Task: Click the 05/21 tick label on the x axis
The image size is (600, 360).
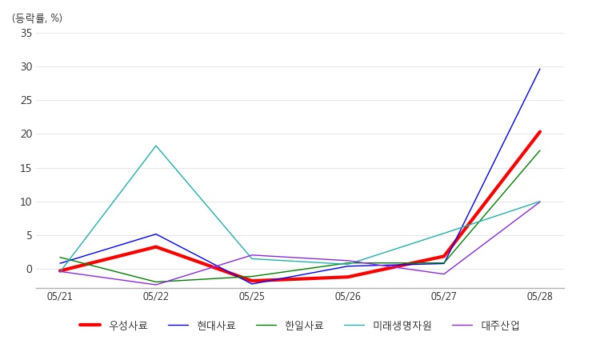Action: point(60,297)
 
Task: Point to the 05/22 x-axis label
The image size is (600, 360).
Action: point(156,297)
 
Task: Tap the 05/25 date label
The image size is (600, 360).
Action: point(252,297)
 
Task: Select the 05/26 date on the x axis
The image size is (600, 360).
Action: point(348,297)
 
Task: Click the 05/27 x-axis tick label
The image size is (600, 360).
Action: point(444,297)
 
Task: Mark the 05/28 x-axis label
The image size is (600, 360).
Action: point(540,297)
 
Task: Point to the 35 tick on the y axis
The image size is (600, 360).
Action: point(26,33)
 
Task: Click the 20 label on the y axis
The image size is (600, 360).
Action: point(26,134)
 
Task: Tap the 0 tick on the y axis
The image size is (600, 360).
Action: point(29,270)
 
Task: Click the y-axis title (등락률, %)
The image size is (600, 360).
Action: point(37,18)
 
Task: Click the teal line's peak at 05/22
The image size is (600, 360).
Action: point(156,146)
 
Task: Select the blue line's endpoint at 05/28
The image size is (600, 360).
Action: point(540,69)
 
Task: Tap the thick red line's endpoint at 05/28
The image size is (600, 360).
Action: point(540,132)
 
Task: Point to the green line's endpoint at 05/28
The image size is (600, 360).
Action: point(540,150)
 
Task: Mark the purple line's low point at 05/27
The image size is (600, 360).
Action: point(444,274)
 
